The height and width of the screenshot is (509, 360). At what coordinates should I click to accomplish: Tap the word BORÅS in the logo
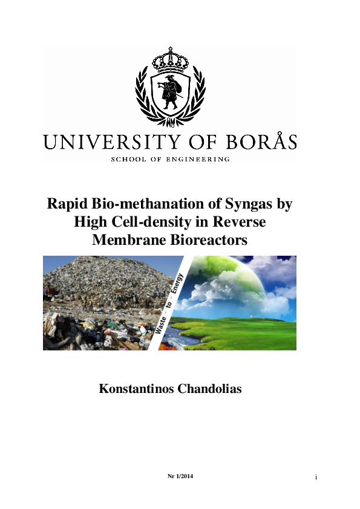pos(260,142)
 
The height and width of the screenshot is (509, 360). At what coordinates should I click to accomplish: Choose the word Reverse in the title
pos(240,222)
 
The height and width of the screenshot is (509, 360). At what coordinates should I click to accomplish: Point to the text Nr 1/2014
pos(180,477)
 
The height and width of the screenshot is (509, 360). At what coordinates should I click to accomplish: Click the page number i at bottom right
pos(316,478)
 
